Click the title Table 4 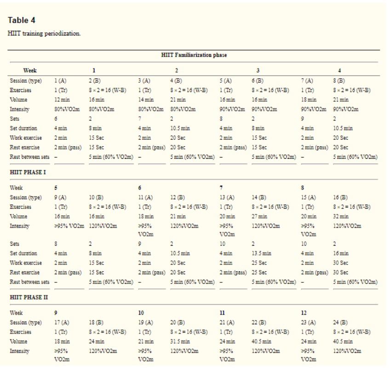point(21,20)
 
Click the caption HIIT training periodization point(44,34)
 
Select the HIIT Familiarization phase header point(194,55)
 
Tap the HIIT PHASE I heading point(28,172)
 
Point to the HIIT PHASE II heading point(29,297)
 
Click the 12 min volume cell point(62,100)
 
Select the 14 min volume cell point(146,100)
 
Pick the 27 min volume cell point(259,216)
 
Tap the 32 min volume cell point(341,216)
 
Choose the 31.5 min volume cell point(180,341)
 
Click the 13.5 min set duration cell point(261,253)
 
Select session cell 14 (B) point(259,197)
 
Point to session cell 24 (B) point(340,322)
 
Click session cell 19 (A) point(146,322)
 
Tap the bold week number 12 point(304,313)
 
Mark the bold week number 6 point(140,188)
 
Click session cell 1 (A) point(60,80)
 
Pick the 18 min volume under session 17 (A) point(62,341)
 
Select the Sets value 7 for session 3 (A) point(140,119)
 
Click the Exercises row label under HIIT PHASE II point(21,332)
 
